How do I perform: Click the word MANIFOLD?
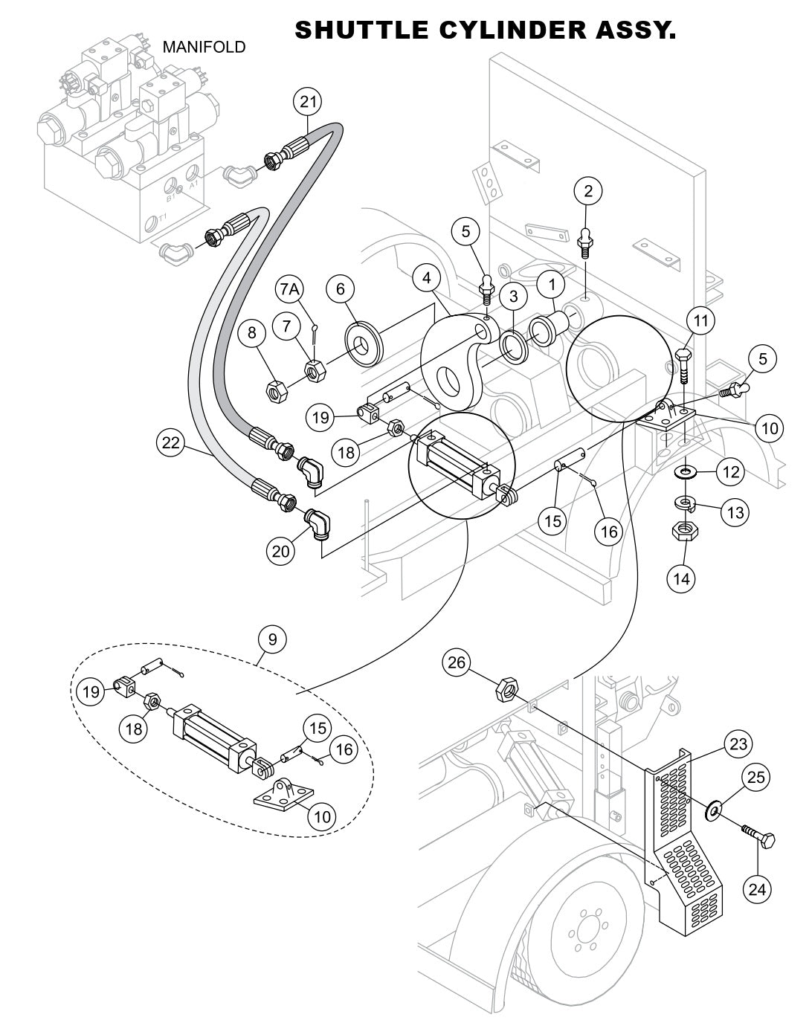(x=204, y=48)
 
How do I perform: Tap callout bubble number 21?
(x=309, y=101)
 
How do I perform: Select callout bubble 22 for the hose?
(x=171, y=443)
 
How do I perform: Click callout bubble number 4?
(x=427, y=279)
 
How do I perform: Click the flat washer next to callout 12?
(x=682, y=471)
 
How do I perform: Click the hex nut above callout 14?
(x=683, y=531)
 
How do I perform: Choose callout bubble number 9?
(x=272, y=639)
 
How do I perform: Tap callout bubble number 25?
(x=755, y=778)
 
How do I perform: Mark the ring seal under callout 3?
(x=511, y=344)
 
